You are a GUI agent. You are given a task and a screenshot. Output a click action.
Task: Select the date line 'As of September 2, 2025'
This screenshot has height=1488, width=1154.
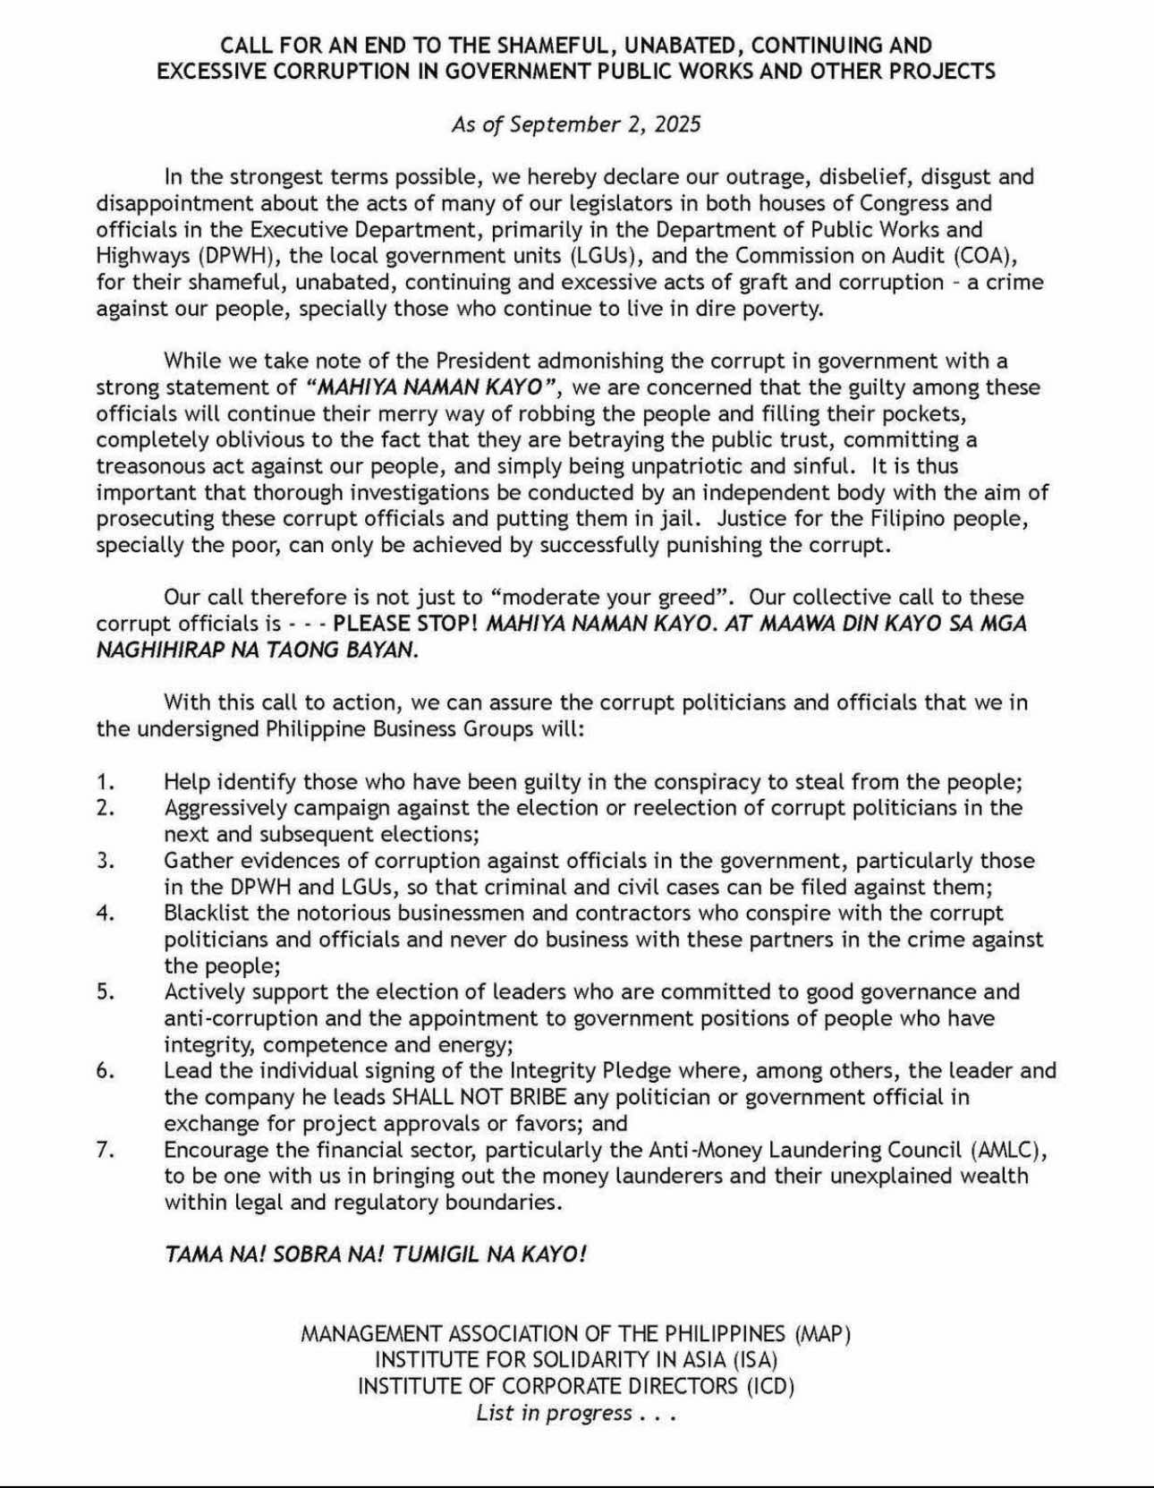click(x=576, y=123)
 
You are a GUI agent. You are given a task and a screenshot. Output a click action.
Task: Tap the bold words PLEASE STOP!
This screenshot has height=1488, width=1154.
click(x=405, y=624)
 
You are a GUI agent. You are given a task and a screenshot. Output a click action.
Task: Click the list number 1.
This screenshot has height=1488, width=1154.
click(x=106, y=782)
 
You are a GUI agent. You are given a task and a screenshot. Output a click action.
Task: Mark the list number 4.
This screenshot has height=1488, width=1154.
click(x=106, y=914)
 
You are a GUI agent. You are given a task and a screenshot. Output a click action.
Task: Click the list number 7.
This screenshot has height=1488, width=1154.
click(x=106, y=1150)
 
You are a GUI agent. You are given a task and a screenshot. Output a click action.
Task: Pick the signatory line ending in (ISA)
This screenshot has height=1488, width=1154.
click(x=576, y=1360)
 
